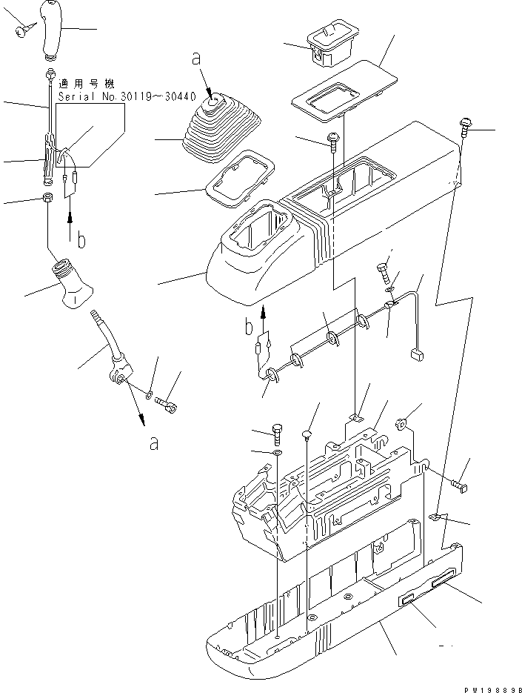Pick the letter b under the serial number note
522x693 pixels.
tap(82, 239)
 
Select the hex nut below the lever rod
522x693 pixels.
tap(46, 199)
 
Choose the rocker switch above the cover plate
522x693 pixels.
tap(329, 43)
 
